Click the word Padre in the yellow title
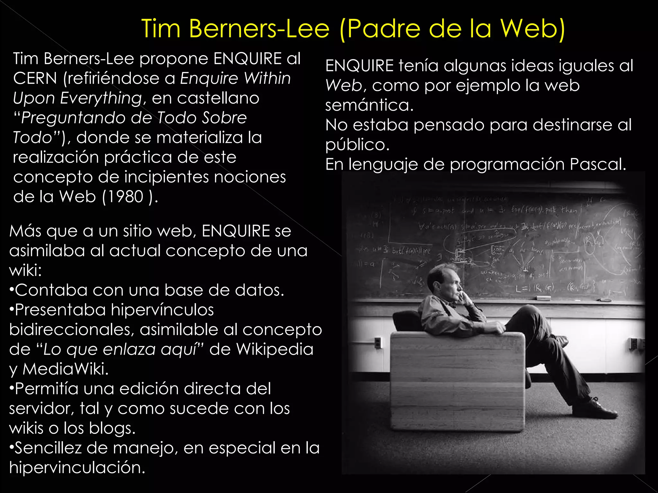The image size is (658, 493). tap(384, 29)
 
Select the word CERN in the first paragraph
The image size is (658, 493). tap(35, 78)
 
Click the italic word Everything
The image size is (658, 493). tap(101, 98)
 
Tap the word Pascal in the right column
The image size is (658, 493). tap(597, 164)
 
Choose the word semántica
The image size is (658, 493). tap(369, 105)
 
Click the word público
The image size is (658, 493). tap(357, 145)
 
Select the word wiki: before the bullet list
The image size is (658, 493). tap(25, 270)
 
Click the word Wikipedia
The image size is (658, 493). tap(275, 349)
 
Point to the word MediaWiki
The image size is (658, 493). tap(65, 369)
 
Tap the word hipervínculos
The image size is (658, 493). tap(162, 310)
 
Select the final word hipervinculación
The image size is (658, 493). tap(77, 468)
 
